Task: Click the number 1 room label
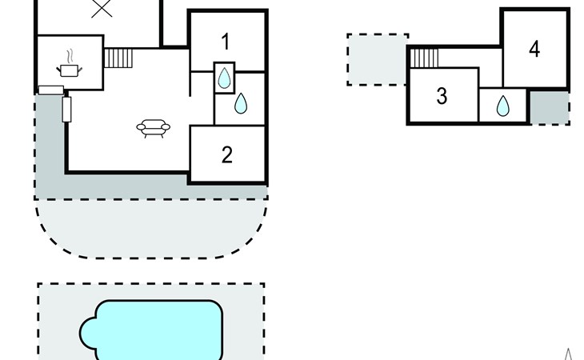[x=226, y=42]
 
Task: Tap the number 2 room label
[x=227, y=154]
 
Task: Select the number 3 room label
[x=442, y=96]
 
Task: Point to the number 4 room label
[x=534, y=49]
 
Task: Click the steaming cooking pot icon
[x=70, y=65]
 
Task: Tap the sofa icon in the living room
[x=153, y=129]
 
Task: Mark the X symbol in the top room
[x=102, y=8]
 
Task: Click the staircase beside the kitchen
[x=118, y=58]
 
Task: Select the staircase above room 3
[x=424, y=58]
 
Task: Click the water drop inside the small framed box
[x=224, y=78]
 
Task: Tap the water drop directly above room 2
[x=241, y=103]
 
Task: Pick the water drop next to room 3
[x=503, y=106]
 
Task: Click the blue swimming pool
[x=151, y=330]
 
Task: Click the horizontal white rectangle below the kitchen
[x=51, y=90]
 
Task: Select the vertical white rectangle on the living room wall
[x=66, y=110]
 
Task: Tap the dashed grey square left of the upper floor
[x=377, y=59]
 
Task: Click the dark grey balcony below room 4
[x=550, y=107]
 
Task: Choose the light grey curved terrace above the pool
[x=151, y=228]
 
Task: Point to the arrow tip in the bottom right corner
[x=568, y=349]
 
